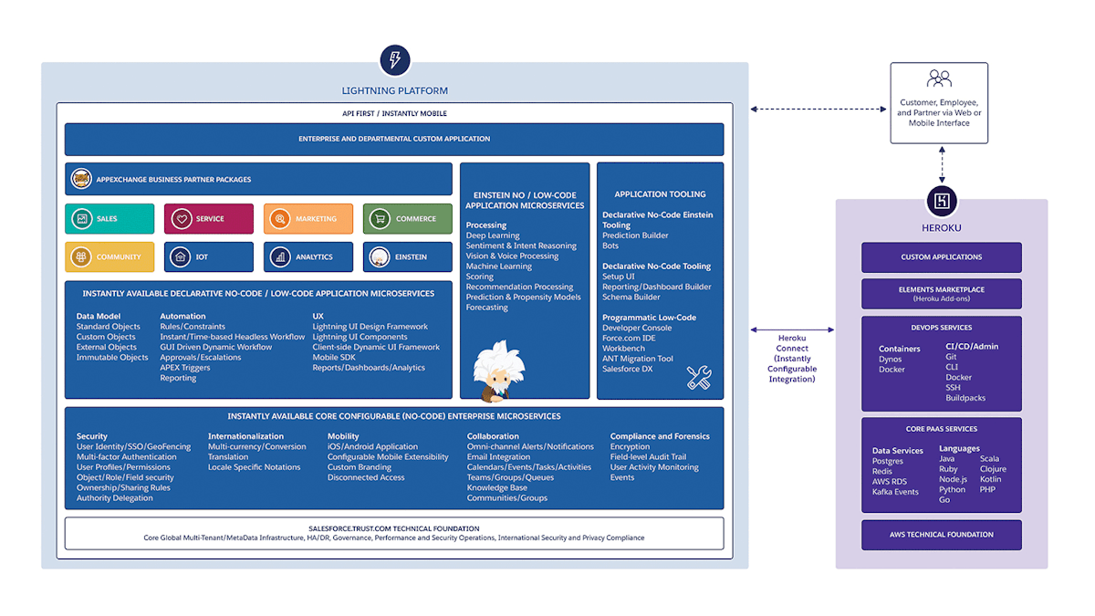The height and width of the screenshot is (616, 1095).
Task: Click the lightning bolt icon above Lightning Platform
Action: coord(394,61)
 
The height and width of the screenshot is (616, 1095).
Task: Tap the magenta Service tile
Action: coord(208,219)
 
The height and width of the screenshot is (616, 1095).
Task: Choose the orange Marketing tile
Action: coord(308,219)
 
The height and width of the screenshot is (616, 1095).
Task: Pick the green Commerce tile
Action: coord(407,219)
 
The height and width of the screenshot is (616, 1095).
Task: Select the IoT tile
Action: coord(208,257)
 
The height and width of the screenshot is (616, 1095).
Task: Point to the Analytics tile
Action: coord(308,257)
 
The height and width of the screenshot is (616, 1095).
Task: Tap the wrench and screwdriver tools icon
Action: coord(699,377)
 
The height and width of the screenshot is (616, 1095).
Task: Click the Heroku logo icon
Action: coord(941,201)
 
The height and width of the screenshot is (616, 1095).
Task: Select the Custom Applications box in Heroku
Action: coord(941,257)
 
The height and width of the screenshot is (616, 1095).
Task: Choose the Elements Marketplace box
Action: coord(941,293)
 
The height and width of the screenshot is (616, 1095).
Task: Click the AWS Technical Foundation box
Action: coord(941,535)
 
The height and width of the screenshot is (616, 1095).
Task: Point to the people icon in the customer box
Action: coord(939,79)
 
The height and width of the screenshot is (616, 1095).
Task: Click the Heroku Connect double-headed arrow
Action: coord(791,329)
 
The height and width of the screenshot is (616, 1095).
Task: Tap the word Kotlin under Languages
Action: coord(990,479)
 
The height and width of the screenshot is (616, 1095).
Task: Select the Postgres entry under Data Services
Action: coord(888,462)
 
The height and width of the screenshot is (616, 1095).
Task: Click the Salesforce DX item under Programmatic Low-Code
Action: coord(628,369)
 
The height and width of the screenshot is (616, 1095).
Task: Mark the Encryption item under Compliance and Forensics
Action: coord(630,447)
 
